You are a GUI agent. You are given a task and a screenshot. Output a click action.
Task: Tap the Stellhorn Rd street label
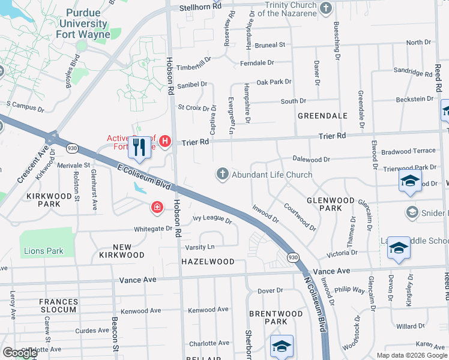pos(200,7)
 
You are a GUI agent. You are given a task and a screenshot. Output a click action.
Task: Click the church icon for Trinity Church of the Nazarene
pos(326,8)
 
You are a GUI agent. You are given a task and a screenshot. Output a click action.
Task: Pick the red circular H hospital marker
pos(166,142)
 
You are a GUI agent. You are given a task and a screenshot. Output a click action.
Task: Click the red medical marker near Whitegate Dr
pos(157,207)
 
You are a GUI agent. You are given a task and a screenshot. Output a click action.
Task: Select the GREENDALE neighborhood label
pos(322,115)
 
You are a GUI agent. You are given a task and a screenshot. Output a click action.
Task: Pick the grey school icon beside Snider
pos(412,212)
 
